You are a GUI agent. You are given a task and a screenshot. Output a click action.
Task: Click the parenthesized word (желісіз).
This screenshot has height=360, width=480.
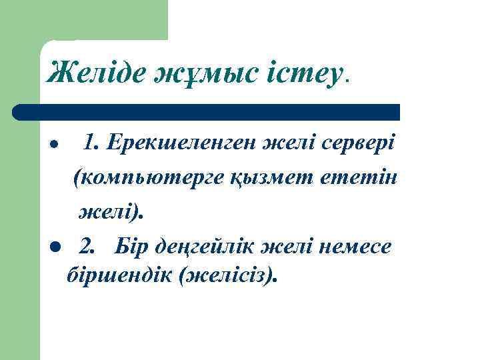point(227,273)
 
